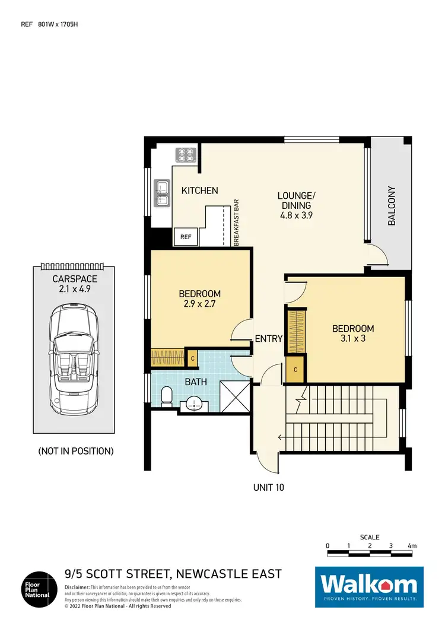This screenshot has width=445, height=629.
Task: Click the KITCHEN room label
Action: [199, 190]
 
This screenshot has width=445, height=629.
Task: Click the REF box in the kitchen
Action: [186, 237]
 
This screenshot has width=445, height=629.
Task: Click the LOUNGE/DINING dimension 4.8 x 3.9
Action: [296, 216]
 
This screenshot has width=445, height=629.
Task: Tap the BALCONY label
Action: [392, 206]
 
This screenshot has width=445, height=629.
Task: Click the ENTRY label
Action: [268, 339]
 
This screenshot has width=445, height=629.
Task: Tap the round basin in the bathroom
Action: [194, 404]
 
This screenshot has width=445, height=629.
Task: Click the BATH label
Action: [195, 382]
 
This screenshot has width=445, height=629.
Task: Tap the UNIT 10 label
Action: [269, 487]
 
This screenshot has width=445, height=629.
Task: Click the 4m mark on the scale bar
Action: [412, 545]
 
